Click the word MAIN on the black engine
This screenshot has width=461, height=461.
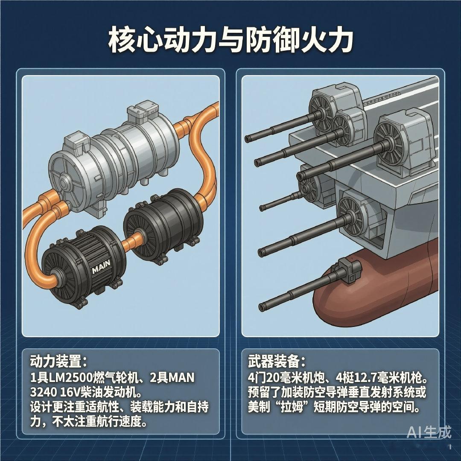pos(101,266)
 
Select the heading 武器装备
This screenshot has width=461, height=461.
pos(274,362)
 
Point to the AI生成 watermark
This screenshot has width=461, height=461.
pos(429,432)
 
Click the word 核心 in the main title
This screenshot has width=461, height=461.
pos(134,40)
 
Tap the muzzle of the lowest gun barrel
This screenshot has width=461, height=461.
pos(262,307)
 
